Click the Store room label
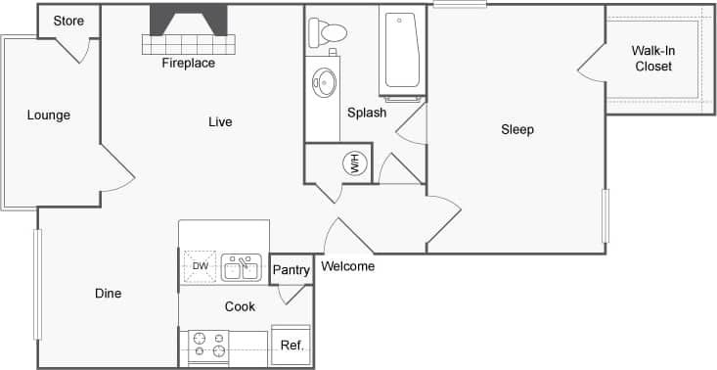pos(68,21)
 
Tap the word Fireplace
pos(188,64)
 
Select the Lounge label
pos(48,116)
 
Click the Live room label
pos(220,122)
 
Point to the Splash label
pos(367,113)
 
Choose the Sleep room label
pos(517,129)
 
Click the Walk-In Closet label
pos(652,59)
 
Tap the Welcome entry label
pos(347,266)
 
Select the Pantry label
pos(291,270)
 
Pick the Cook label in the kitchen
pos(240,306)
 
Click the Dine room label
pos(109,294)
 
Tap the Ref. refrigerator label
pos(291,346)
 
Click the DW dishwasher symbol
pos(200,266)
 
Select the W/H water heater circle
pos(353,163)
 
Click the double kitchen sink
pos(240,267)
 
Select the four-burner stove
pos(209,345)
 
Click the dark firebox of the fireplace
pos(188,20)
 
